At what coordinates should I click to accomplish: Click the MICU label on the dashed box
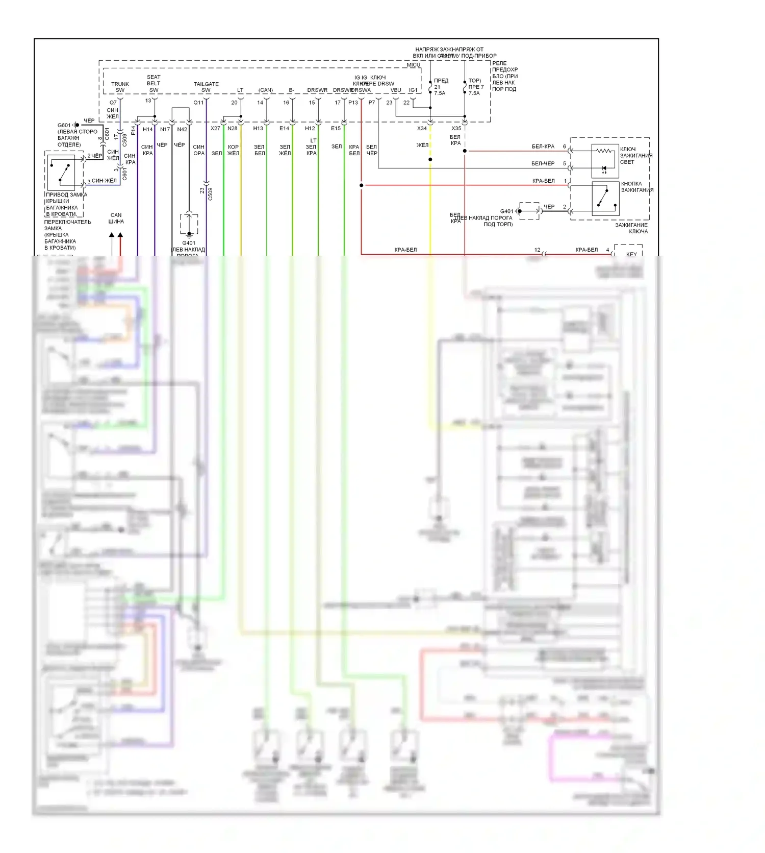(413, 65)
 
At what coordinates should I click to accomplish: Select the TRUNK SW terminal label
(120, 87)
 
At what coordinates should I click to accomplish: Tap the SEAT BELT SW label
(154, 83)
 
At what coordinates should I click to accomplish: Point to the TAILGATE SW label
(206, 87)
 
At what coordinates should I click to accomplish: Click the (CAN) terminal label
(265, 90)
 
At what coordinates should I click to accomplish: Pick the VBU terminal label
(396, 90)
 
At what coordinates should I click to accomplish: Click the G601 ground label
(64, 125)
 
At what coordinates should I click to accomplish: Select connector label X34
(422, 129)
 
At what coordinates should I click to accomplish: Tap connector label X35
(456, 129)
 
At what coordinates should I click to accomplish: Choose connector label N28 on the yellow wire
(232, 129)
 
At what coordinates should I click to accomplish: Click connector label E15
(336, 129)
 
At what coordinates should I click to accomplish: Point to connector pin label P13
(353, 103)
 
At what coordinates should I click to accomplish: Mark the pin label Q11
(198, 103)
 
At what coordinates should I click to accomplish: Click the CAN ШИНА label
(116, 218)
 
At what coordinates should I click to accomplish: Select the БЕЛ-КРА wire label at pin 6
(543, 147)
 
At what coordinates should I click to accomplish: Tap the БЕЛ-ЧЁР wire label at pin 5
(543, 163)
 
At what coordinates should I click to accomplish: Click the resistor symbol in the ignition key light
(605, 151)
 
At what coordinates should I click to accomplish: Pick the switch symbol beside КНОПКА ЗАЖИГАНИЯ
(605, 198)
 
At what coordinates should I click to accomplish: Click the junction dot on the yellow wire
(430, 160)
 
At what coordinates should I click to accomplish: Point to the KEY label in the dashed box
(631, 254)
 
